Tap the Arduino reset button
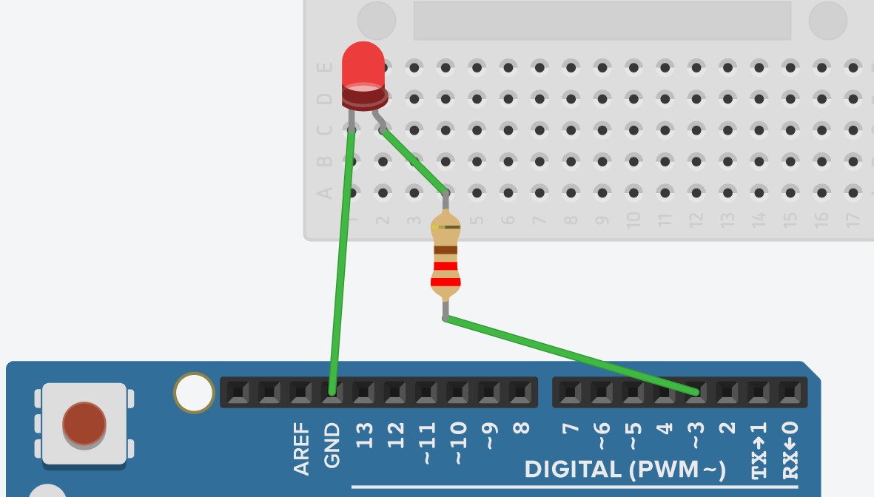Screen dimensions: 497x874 (84, 424)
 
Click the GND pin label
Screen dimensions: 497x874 (332, 445)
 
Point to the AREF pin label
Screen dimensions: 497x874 (301, 448)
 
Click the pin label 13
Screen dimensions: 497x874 (364, 435)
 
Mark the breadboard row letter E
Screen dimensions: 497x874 (324, 68)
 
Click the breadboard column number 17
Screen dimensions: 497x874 (853, 220)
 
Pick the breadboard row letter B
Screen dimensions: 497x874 (324, 162)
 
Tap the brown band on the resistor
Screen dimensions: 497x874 (446, 250)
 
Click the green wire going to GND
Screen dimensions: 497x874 (342, 259)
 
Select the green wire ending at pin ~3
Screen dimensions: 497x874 (570, 354)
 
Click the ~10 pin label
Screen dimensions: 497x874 (458, 442)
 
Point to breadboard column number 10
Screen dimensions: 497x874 (633, 220)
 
